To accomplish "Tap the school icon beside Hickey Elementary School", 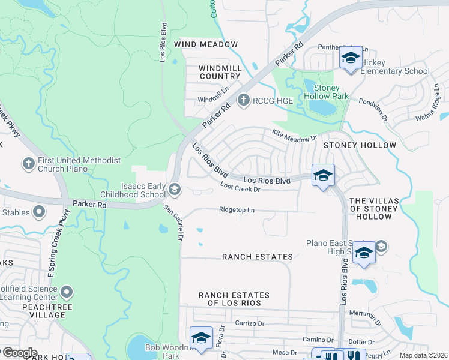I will tap(351, 59).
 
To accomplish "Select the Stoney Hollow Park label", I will tap(331, 92).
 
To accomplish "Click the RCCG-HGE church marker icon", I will tap(243, 100).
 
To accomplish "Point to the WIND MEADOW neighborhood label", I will tap(206, 44).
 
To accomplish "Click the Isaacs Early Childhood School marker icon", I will tap(175, 190).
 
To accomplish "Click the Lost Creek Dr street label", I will tap(240, 189).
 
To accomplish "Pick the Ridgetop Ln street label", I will tap(237, 210).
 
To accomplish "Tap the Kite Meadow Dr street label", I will tap(294, 137).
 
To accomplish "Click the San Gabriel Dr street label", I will tap(173, 223).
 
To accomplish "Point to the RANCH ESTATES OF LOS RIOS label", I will tap(234, 299).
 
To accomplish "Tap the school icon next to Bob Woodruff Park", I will tap(201, 337).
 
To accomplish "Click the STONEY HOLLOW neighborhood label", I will tap(360, 145).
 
